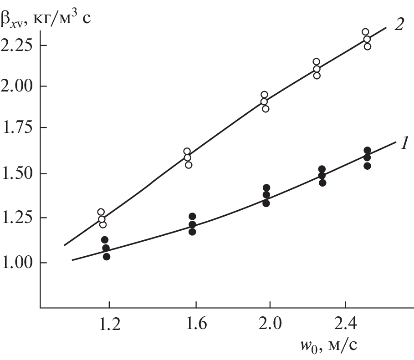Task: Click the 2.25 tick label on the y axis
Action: [x=18, y=46]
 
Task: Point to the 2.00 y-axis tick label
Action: [x=18, y=86]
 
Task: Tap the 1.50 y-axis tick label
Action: [x=18, y=174]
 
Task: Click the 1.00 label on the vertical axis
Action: [x=18, y=263]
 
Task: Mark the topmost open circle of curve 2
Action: [x=365, y=32]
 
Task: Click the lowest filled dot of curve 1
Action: [x=107, y=257]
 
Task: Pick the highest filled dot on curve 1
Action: [x=368, y=150]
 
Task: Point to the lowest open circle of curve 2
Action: [x=103, y=224]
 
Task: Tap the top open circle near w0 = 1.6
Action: [x=187, y=151]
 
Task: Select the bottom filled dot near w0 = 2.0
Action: [x=266, y=203]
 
